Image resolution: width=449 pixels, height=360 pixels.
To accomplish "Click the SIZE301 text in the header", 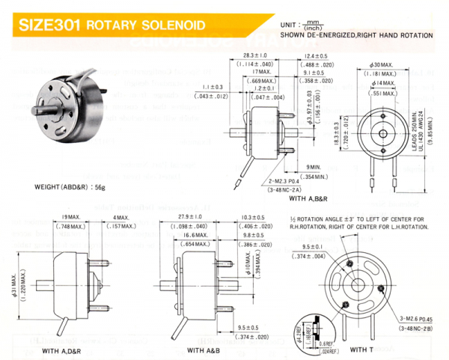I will click(x=50, y=24).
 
